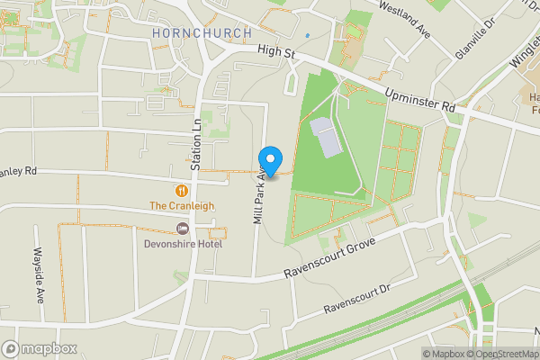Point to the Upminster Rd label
[420, 96]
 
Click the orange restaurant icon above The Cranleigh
[183, 190]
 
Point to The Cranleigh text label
[182, 205]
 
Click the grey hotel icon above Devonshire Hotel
[183, 227]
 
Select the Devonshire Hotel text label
[183, 241]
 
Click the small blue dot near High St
[307, 36]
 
